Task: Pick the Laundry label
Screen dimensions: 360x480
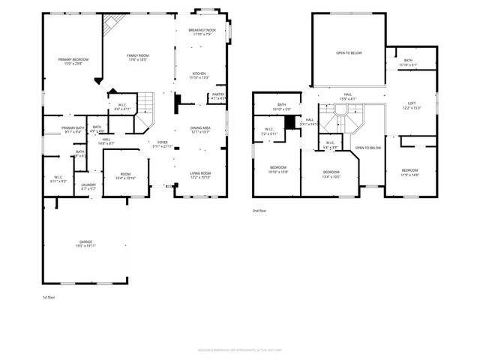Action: click(88, 186)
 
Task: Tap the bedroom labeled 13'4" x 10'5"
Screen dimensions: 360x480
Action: click(331, 175)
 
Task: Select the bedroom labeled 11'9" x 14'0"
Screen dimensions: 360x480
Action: click(409, 172)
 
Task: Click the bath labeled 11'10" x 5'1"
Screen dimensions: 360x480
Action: click(408, 62)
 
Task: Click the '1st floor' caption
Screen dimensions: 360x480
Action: click(48, 298)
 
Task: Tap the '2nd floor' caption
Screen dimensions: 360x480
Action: click(259, 211)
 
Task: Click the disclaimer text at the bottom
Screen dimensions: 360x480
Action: click(240, 350)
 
